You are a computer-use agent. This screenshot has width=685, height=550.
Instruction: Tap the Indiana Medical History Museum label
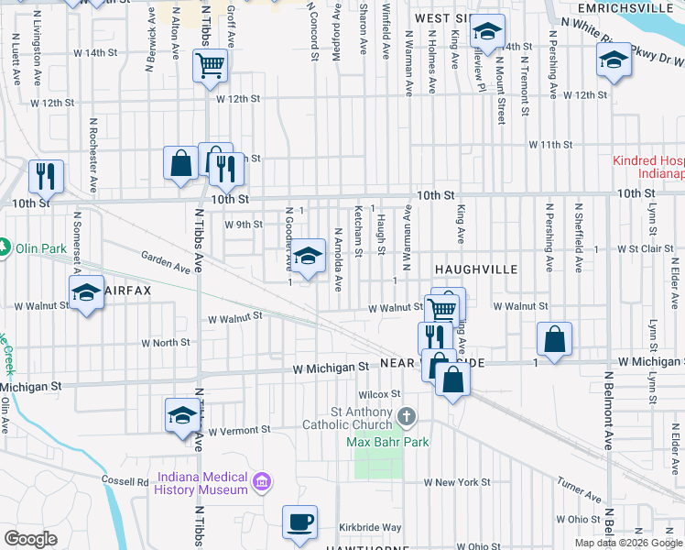pos(203,483)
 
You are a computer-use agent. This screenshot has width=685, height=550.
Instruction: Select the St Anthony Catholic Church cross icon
pos(407,418)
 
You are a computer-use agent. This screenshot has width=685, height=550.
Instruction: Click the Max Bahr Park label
pos(388,442)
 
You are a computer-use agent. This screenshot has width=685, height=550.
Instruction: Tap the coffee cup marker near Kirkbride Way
pos(299,522)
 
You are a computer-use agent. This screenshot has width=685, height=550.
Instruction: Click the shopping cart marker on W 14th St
pos(210,66)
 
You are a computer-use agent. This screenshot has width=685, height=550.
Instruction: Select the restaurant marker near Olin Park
pos(45,174)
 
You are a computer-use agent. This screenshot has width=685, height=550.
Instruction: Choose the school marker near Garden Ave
pos(309,254)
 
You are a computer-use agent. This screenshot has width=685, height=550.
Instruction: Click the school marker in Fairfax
pos(87,293)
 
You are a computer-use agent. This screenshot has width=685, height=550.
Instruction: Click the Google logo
pos(30,539)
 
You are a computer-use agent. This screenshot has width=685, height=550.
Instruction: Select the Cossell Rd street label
pos(125,481)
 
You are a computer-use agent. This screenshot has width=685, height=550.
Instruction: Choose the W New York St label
pos(457,482)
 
